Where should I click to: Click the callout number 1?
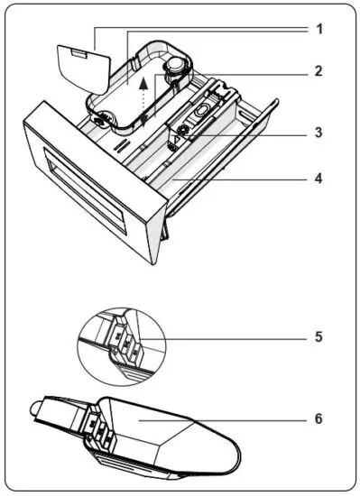tap(318, 29)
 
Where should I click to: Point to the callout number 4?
tap(318, 178)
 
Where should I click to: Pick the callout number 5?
tap(318, 337)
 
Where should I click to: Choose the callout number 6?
tap(318, 418)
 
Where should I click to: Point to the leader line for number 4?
tap(244, 178)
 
